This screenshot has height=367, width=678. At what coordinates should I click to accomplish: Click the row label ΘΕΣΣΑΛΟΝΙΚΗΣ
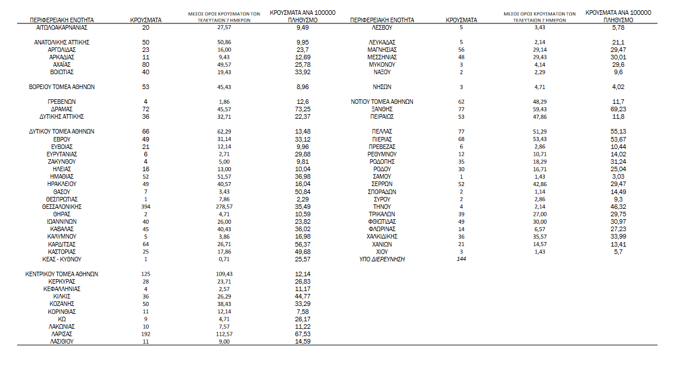pos(62,207)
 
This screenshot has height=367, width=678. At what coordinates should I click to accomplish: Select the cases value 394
pos(145,207)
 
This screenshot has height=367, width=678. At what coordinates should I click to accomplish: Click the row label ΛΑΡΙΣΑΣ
pos(62,334)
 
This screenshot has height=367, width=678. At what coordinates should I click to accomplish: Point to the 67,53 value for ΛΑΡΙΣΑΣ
pos(302,334)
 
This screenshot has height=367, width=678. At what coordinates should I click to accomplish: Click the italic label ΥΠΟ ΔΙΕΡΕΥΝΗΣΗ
pos(382,259)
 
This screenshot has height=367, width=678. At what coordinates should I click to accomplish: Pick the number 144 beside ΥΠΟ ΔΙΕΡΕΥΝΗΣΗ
pos(462,259)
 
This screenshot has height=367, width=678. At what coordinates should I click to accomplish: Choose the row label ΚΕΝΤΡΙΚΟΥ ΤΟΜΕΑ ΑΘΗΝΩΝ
pos(62,274)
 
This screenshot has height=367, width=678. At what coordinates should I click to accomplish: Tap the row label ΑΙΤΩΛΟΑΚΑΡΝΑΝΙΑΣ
pos(62,27)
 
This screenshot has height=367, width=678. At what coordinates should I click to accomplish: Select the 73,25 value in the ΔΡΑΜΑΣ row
pos(302,109)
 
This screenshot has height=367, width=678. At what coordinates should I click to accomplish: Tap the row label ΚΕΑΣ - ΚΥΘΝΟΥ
pos(62,259)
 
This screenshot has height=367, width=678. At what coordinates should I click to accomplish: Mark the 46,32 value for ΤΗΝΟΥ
pos(619,207)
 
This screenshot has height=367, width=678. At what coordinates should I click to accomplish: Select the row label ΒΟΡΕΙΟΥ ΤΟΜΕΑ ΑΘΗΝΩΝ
pos(62,87)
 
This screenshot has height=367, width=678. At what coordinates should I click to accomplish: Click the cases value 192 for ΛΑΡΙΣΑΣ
pos(145,334)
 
